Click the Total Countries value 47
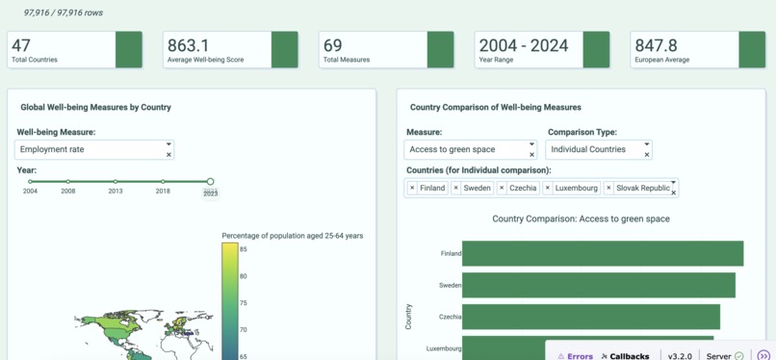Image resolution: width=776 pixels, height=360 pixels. tap(21, 45)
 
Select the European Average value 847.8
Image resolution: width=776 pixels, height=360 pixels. tap(656, 45)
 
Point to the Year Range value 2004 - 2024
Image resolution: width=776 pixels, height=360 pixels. tap(523, 45)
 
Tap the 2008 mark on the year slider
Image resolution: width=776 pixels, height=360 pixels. tap(67, 181)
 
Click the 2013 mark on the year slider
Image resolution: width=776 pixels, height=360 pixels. tap(116, 181)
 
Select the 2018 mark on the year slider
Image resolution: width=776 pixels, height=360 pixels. tap(163, 181)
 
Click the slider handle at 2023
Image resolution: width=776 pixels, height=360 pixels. tap(210, 181)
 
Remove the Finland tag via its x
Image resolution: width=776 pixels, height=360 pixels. tap(412, 188)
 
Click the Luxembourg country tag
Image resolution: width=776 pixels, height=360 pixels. tap(576, 188)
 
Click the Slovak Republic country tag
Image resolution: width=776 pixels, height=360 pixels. tap(642, 188)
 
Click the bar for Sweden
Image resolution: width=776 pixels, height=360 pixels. tap(598, 285)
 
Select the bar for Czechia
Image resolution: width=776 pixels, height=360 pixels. tap(590, 317)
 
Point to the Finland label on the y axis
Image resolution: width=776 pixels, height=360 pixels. tap(451, 254)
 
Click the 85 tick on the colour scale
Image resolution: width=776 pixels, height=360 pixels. tap(245, 250)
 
